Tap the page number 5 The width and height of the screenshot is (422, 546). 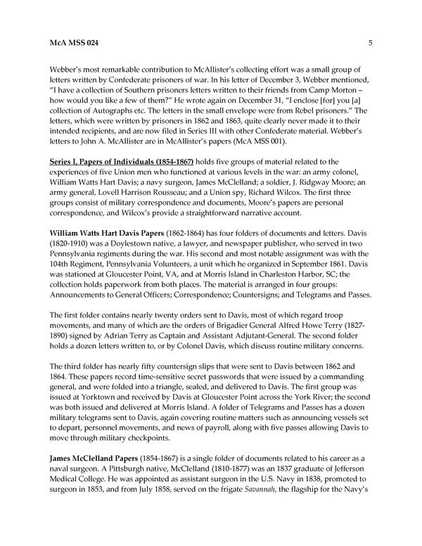[x=369, y=43]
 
